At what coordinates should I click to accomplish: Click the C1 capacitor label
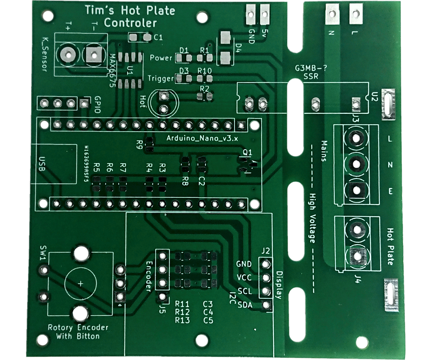[x=158, y=37]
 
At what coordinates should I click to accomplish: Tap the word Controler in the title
[x=130, y=23]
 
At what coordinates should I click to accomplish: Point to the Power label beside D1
[x=161, y=58]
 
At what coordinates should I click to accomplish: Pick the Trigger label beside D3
[x=161, y=78]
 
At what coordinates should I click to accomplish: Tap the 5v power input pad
[x=265, y=15]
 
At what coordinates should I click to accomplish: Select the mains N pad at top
[x=331, y=14]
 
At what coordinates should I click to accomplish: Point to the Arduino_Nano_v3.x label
[x=202, y=138]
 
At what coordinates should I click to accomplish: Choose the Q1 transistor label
[x=248, y=152]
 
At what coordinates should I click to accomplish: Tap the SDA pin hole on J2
[x=266, y=305]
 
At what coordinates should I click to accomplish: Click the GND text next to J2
[x=244, y=264]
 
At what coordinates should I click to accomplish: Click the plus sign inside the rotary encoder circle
[x=80, y=283]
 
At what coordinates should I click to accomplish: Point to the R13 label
[x=182, y=320]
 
